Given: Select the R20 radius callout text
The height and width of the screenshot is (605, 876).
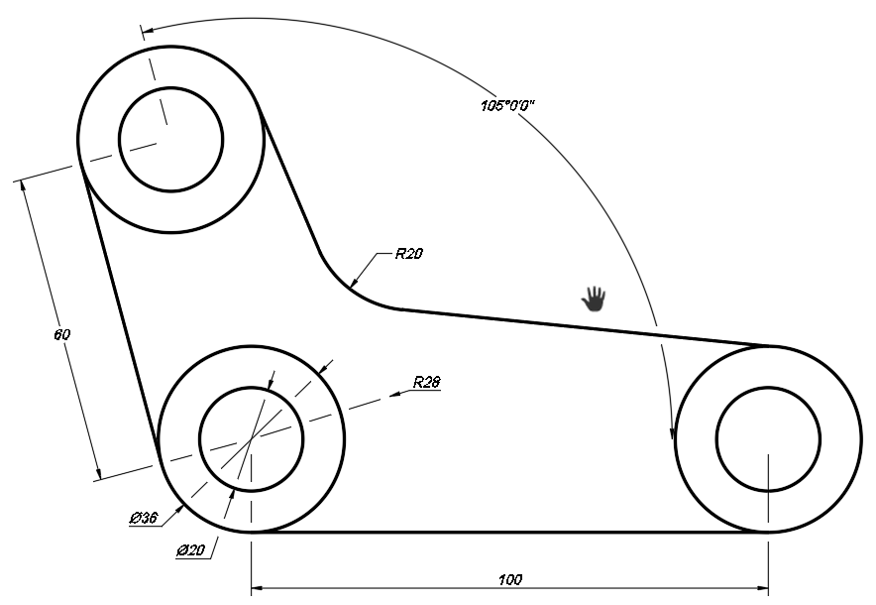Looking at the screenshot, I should point(408,254).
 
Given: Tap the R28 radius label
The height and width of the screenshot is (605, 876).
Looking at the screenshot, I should point(427,382).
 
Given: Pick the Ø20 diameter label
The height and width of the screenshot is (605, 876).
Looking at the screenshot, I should point(191,548).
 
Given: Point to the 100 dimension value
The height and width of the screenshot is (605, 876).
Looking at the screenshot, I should point(510,578).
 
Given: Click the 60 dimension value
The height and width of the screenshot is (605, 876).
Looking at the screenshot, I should point(61,335).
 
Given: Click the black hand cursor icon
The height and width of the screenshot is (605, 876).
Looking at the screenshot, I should point(594,298).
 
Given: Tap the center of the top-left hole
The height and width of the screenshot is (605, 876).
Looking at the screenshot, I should point(170,140).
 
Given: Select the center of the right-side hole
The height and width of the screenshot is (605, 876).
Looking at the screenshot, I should point(767,439).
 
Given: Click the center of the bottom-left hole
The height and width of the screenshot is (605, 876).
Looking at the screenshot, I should point(252,438).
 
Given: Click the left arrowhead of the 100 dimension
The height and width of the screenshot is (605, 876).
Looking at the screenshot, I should point(258,588).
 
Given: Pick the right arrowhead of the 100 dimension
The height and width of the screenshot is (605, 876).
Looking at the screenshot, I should point(761,588).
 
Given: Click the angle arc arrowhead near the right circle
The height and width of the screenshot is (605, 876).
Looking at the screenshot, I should point(672,431).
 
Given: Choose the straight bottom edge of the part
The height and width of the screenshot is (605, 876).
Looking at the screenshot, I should point(510,533).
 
